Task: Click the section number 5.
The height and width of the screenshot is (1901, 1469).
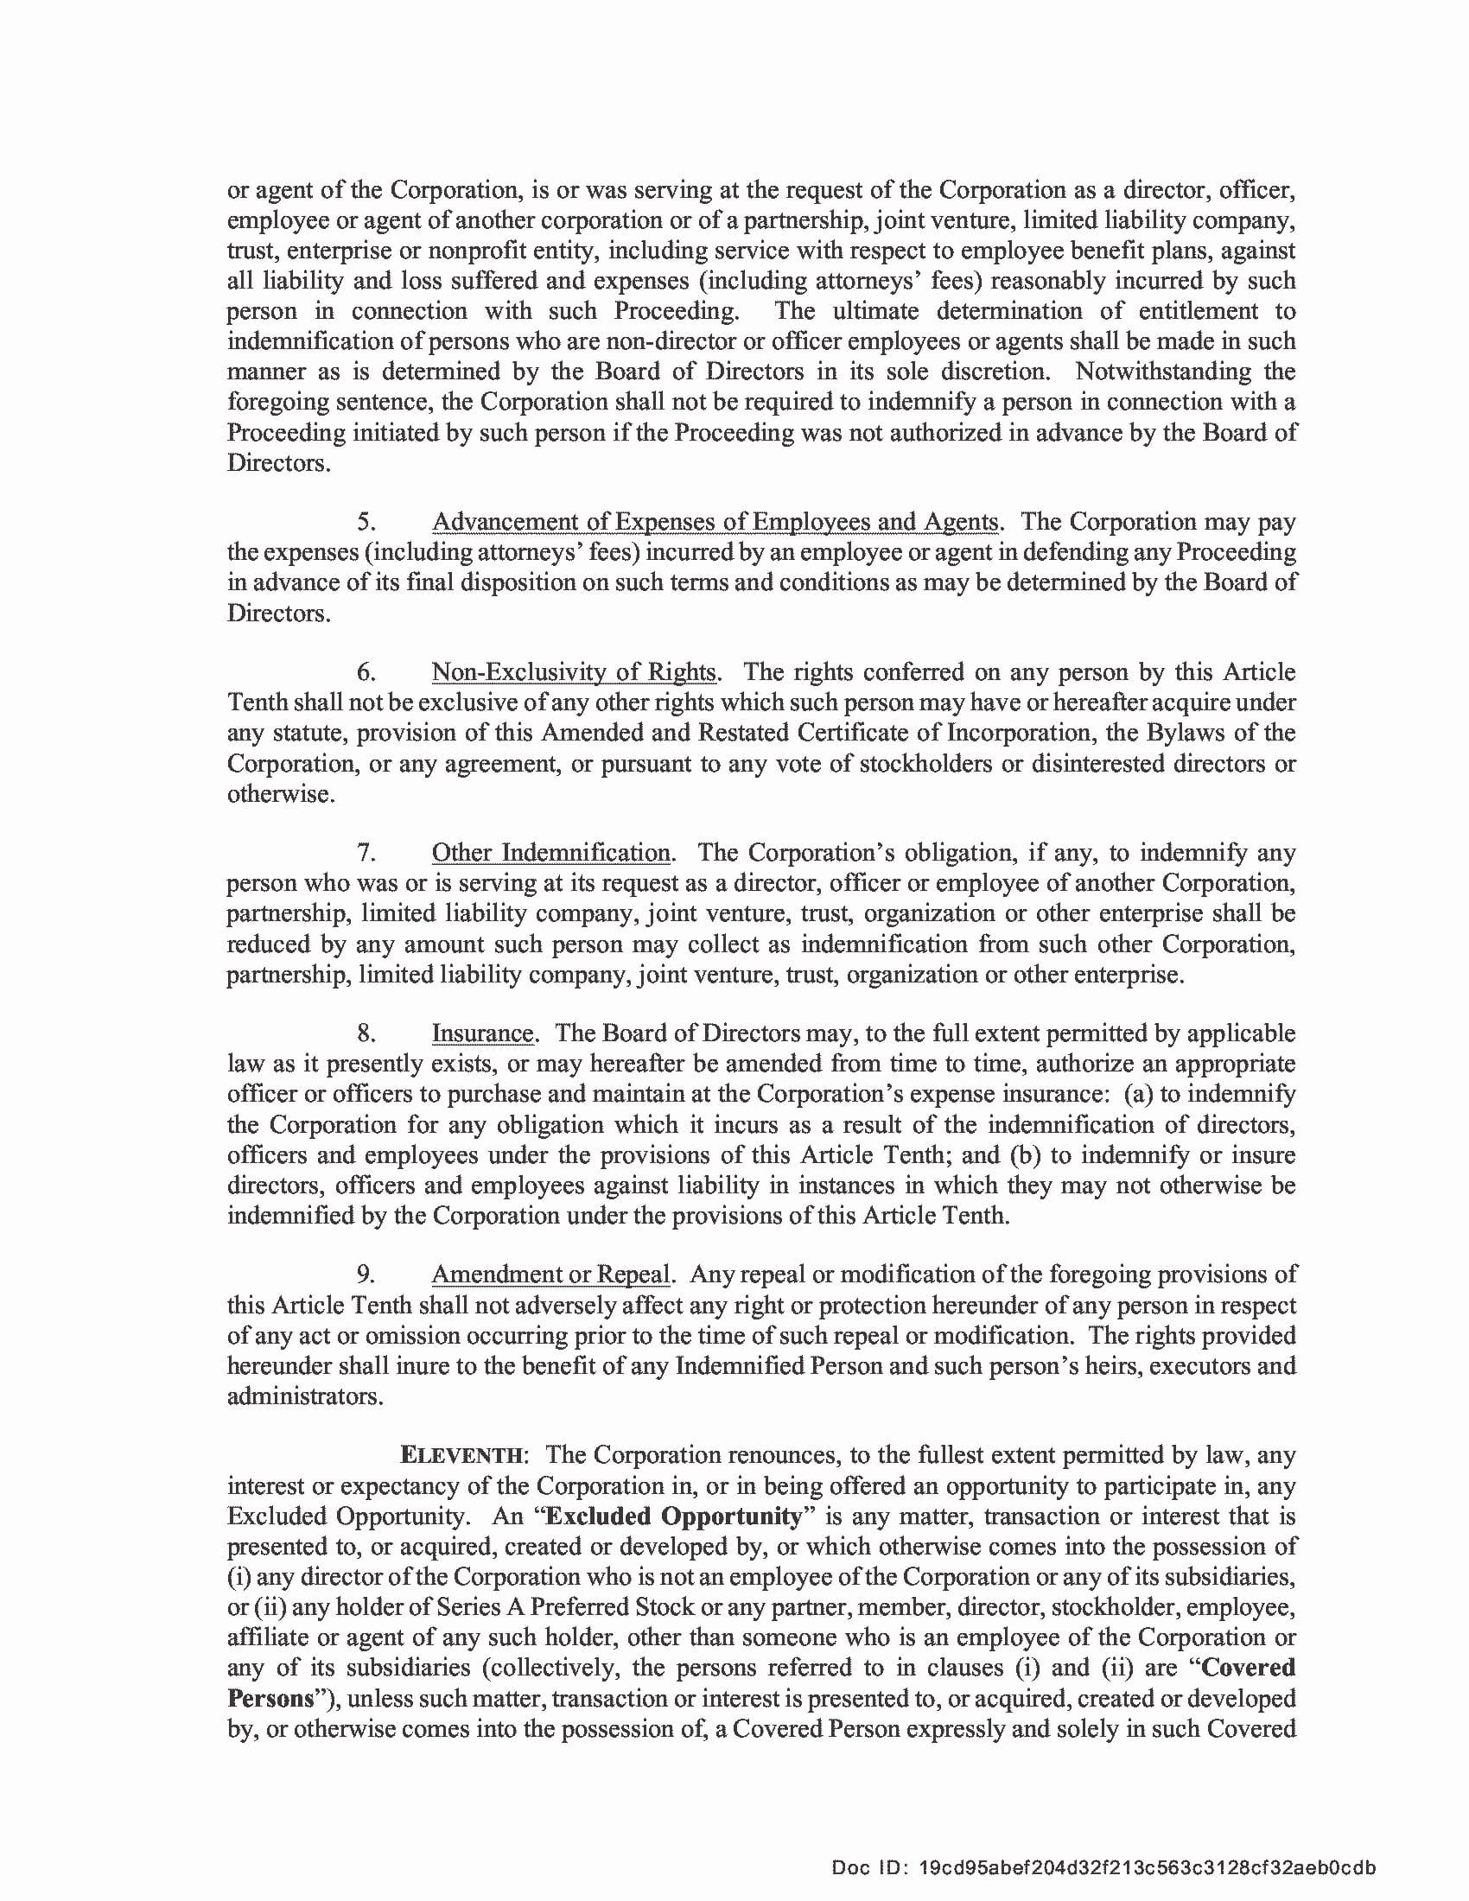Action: (366, 522)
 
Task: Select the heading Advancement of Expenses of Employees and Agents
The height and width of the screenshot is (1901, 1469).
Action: (715, 522)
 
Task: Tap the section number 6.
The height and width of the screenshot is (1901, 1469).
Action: (366, 672)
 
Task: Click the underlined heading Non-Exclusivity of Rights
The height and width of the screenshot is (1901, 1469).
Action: (574, 672)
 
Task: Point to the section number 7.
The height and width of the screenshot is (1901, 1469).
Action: (366, 852)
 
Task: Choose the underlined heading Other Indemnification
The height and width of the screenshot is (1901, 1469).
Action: (551, 852)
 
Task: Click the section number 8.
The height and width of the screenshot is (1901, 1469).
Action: (366, 1033)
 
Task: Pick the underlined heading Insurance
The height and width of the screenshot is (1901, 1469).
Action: (482, 1033)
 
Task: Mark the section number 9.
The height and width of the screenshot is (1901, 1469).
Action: (366, 1275)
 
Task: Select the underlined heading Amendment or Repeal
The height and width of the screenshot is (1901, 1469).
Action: (550, 1275)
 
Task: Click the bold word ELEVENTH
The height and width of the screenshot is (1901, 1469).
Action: (462, 1455)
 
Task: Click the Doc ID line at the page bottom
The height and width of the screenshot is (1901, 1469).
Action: (1103, 1868)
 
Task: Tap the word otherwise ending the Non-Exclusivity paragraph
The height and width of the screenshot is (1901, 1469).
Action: (278, 794)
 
